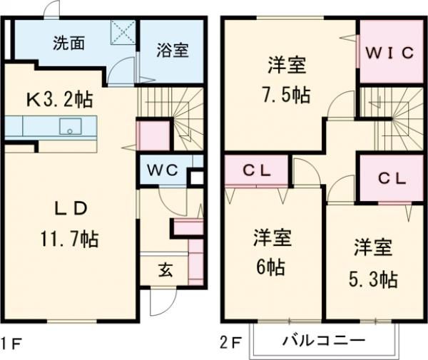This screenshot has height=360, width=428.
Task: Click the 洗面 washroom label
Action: point(69,42)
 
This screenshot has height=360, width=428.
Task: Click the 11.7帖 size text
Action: point(69,239)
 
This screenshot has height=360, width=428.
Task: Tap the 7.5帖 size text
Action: point(285,95)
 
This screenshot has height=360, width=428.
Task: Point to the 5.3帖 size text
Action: point(374,278)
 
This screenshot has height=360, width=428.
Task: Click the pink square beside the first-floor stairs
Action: point(152,135)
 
